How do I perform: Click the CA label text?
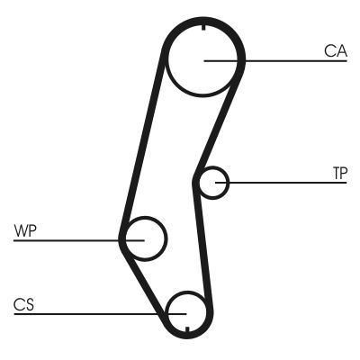[x=336, y=51]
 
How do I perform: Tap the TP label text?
[x=338, y=172]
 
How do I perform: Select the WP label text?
[x=25, y=231]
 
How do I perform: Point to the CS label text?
[x=23, y=303]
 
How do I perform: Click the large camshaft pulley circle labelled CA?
[x=204, y=60]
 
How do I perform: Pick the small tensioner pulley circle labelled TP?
[x=212, y=183]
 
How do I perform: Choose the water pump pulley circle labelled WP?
[x=145, y=238]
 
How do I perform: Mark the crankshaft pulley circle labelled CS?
[x=187, y=310]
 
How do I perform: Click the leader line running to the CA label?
[x=288, y=60]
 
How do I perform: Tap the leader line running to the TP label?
[x=288, y=183]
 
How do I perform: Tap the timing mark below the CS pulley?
[x=188, y=336]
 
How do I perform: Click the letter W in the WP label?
[x=20, y=231]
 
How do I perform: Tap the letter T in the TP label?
[x=334, y=172]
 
